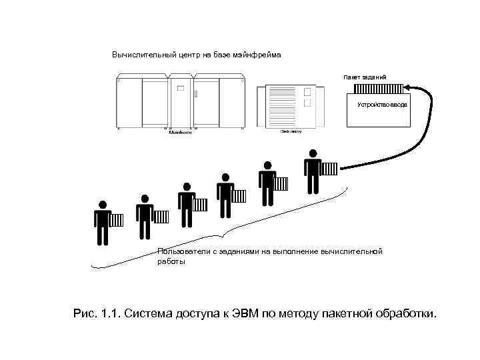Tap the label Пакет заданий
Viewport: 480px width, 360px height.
(x=365, y=77)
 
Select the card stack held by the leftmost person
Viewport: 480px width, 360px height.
(x=117, y=220)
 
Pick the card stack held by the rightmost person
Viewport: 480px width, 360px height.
(x=329, y=168)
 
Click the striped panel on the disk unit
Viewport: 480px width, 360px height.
(x=283, y=107)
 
